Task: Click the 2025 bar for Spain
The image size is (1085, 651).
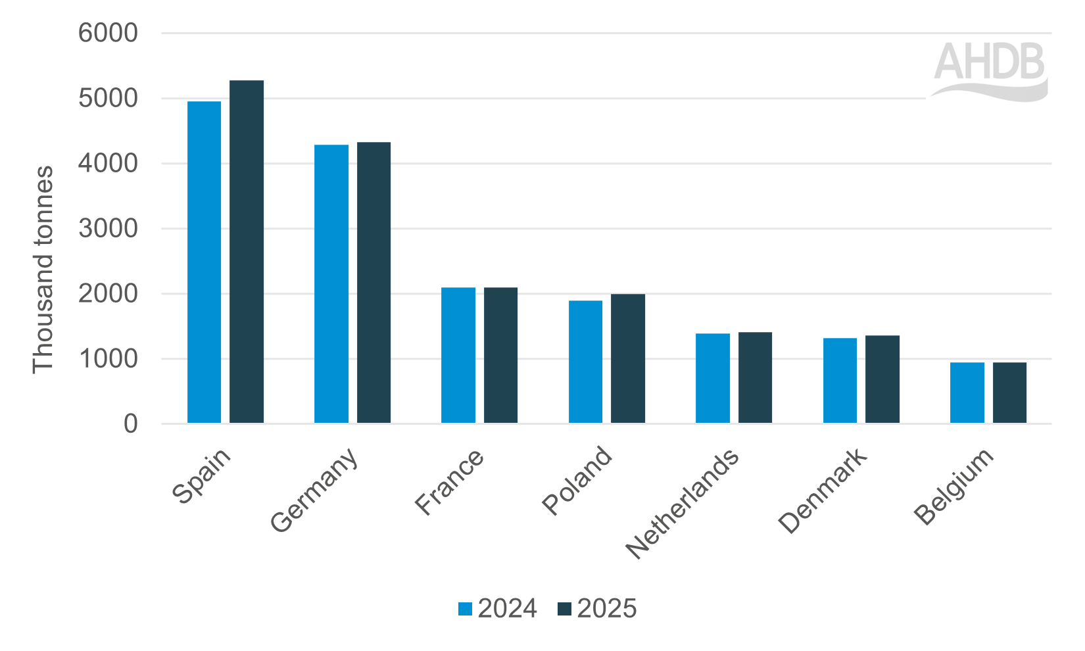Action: click(247, 252)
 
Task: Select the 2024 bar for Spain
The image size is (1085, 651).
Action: click(204, 262)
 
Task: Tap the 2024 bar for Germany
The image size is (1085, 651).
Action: click(331, 283)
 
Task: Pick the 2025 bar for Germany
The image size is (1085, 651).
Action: click(374, 282)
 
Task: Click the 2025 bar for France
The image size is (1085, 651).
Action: click(500, 355)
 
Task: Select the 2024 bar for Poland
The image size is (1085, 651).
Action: click(585, 362)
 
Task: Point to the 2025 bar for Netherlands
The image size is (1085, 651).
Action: click(755, 377)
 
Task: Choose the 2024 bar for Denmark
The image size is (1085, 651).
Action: click(840, 380)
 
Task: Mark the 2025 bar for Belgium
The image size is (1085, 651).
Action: click(1009, 393)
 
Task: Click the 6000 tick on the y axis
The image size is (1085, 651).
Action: click(108, 33)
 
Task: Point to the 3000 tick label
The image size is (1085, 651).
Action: click(108, 228)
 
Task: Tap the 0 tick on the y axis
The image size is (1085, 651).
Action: click(131, 423)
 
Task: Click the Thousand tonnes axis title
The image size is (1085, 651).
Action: click(43, 270)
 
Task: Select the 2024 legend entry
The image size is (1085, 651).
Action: click(498, 609)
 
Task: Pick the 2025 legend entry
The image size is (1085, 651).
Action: click(597, 609)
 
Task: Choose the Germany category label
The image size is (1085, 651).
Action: click(314, 491)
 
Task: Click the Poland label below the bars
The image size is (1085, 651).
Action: click(577, 481)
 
